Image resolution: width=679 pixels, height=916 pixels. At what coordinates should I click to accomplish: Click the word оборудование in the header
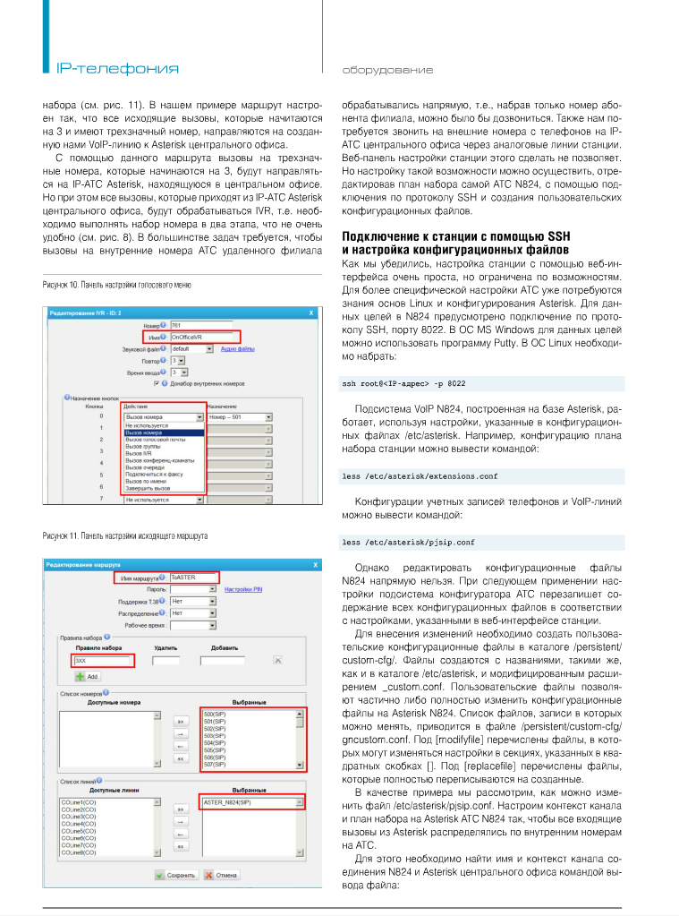coord(387,70)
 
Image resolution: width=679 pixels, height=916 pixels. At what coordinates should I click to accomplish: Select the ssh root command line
coord(403,383)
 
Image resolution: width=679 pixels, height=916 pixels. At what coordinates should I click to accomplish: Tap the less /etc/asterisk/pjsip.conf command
coord(408,542)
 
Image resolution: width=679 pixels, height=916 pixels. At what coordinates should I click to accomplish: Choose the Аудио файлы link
coord(239,349)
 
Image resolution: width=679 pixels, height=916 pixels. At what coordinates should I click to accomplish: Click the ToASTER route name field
coord(192,578)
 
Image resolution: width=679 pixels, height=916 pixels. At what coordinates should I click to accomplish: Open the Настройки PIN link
coord(244,590)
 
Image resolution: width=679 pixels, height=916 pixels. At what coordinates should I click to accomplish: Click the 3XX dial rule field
coord(103,661)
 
